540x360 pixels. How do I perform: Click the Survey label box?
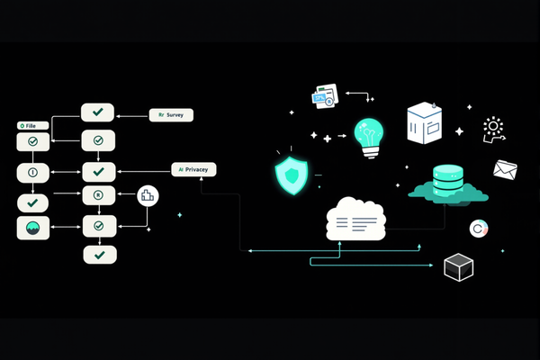coord(171,115)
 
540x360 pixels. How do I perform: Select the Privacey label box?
coord(194,169)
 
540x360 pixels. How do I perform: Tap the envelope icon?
coord(505,169)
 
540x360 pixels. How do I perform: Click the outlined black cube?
coord(459,267)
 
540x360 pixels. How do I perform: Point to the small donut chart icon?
coord(478,229)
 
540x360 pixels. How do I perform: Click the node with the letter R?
coord(99,196)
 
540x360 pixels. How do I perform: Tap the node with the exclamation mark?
coord(32,171)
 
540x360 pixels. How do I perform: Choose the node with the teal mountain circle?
coord(33,228)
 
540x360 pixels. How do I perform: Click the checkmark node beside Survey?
coord(97,112)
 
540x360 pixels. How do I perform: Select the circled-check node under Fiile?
coord(33,142)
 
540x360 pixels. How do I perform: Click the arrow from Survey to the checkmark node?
coord(131,115)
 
